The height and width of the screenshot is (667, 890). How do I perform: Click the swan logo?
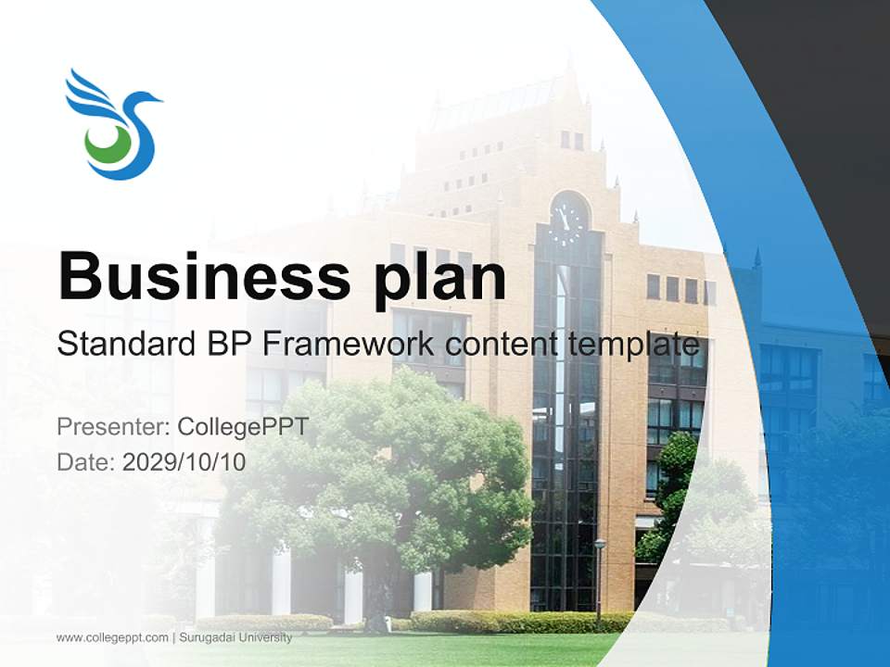pos(113,123)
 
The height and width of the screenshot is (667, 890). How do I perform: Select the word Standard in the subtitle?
pos(119,345)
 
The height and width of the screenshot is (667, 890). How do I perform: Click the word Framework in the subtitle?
pos(349,345)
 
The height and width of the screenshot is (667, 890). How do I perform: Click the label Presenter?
pos(113,427)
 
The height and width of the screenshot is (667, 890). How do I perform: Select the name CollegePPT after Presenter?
pos(242,427)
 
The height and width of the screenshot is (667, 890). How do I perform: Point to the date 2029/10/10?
pos(184,461)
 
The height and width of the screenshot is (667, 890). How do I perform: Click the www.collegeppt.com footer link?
pos(112,637)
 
